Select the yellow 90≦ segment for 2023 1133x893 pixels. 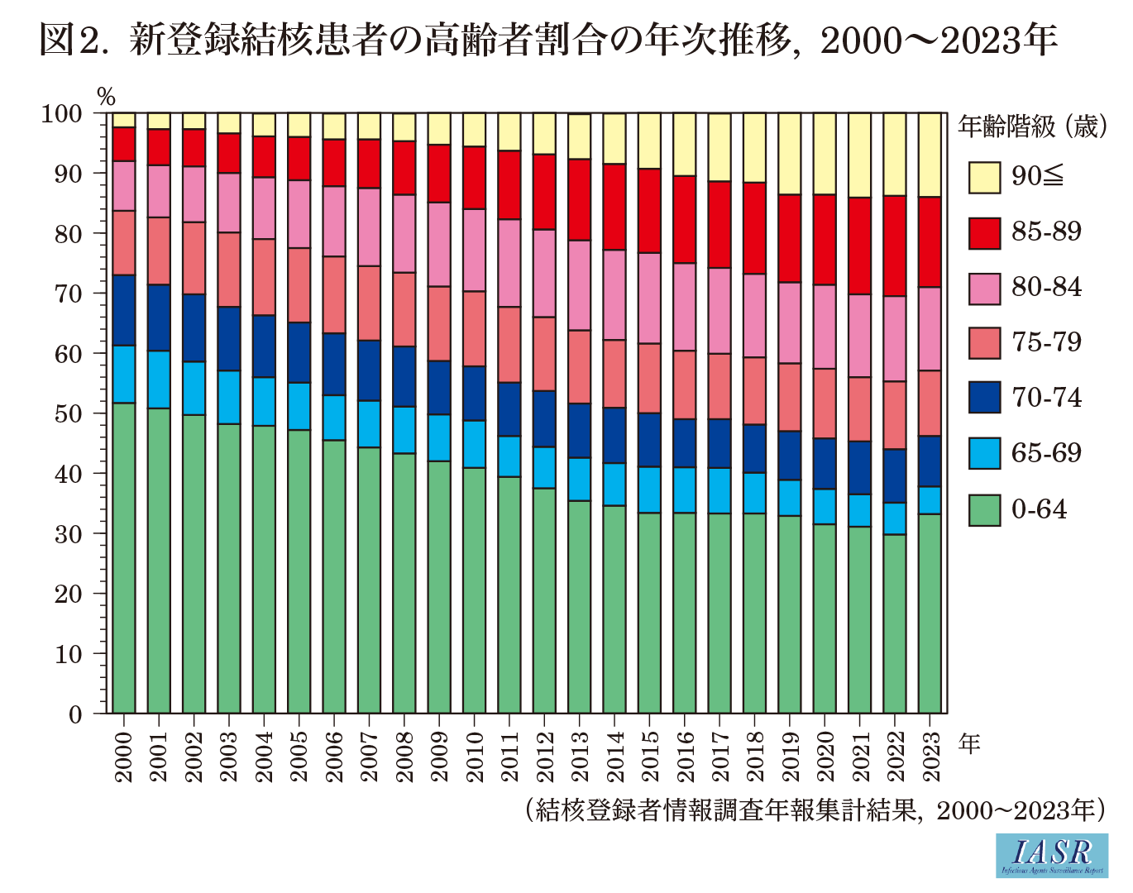point(930,155)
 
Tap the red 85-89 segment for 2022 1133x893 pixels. point(895,246)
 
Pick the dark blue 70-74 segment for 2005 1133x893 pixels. point(299,352)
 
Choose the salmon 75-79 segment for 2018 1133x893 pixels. point(755,390)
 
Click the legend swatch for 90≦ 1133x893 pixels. point(984,177)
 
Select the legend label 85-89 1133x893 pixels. point(1046,232)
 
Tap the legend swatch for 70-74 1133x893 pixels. point(984,398)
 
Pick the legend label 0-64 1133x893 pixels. point(1039,509)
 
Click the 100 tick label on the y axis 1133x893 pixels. point(62,113)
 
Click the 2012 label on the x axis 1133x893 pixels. point(545,757)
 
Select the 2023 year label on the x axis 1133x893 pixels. point(930,757)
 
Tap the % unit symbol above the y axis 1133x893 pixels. point(106,95)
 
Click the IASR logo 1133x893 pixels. point(1051,855)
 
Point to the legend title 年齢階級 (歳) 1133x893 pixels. point(1031,127)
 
